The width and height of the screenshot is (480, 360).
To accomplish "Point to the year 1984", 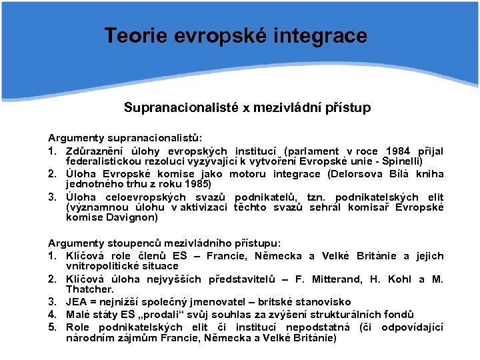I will pyautogui.click(x=398, y=151).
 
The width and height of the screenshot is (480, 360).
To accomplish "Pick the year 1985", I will pyautogui.click(x=198, y=184).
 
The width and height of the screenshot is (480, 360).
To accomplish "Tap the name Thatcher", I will pyautogui.click(x=90, y=290).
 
